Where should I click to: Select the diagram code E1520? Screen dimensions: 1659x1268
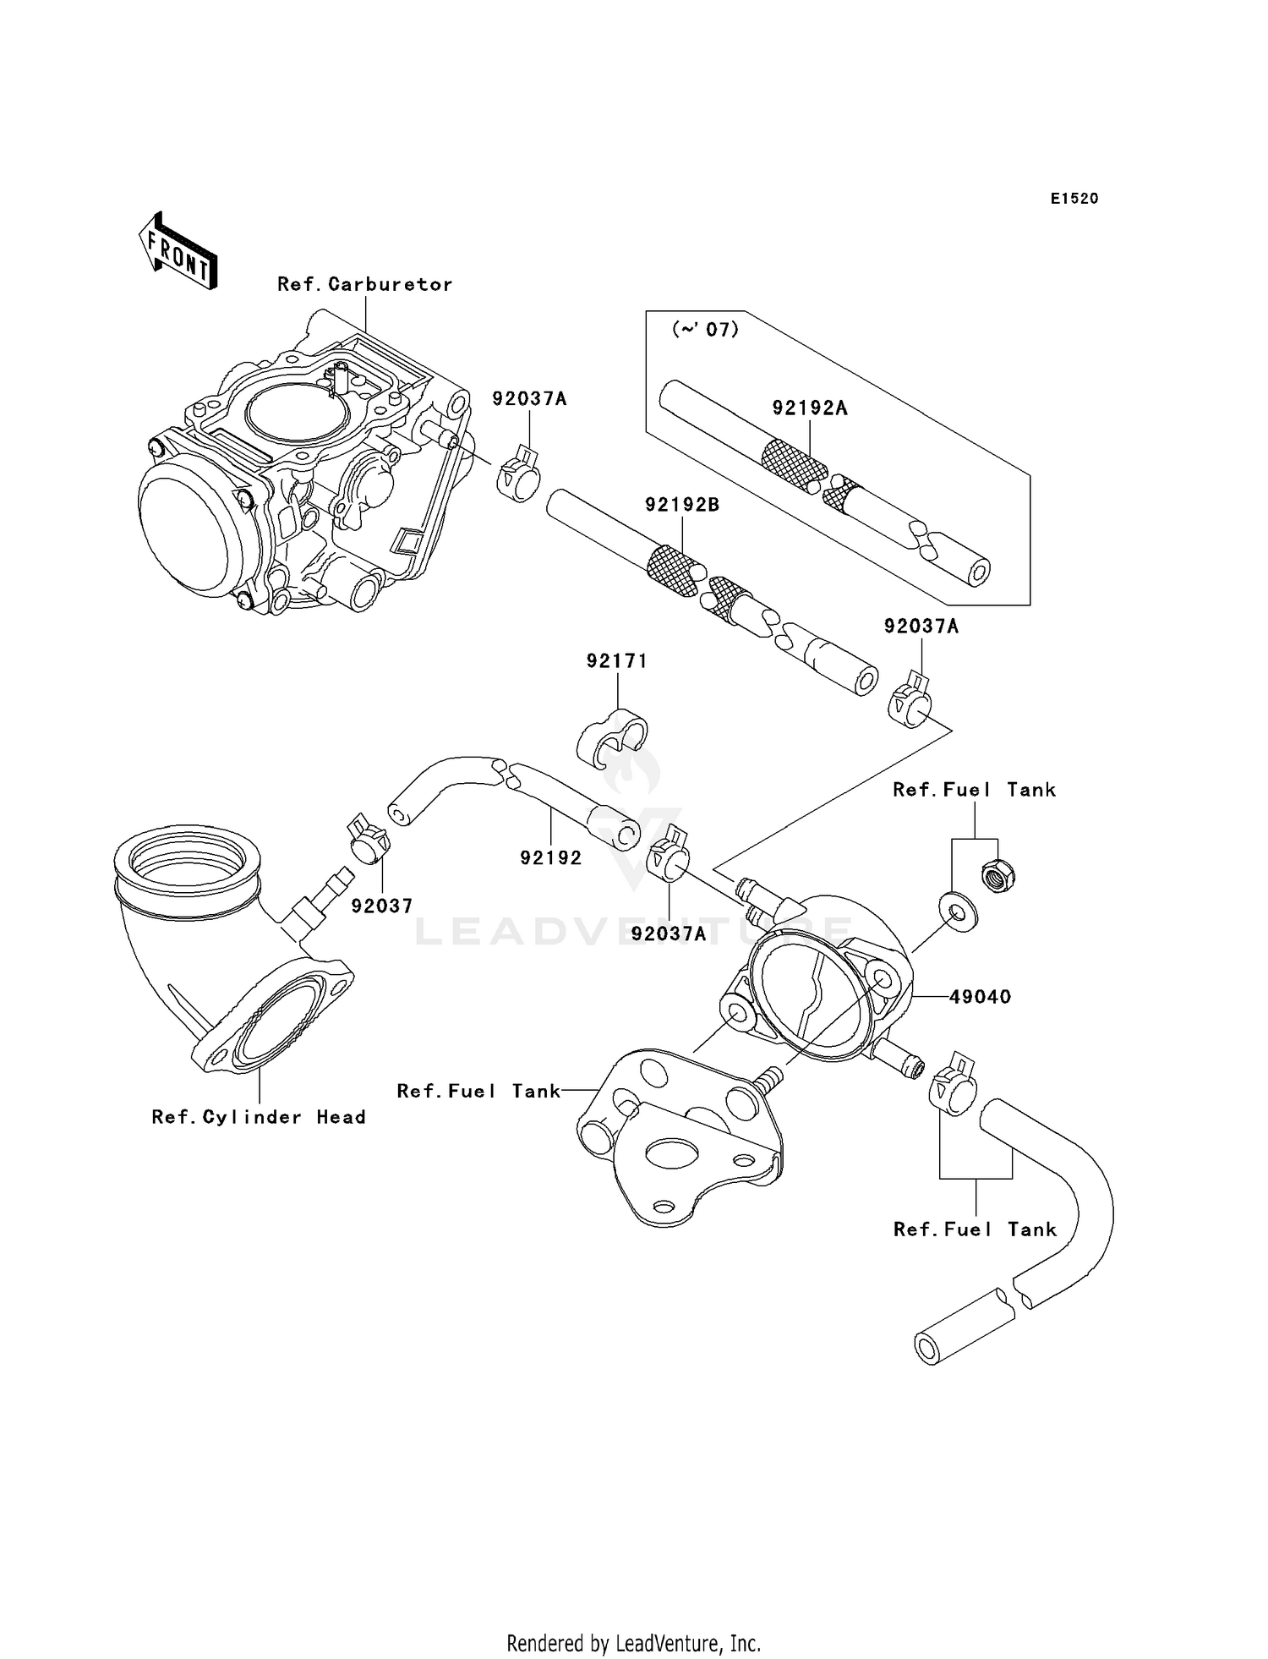pyautogui.click(x=1074, y=199)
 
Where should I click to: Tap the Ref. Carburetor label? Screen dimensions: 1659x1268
pyautogui.click(x=364, y=285)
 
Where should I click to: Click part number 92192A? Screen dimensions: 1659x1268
pyautogui.click(x=809, y=408)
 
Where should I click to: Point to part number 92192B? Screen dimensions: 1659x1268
pyautogui.click(x=681, y=505)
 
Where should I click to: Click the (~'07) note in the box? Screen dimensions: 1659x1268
pyautogui.click(x=704, y=330)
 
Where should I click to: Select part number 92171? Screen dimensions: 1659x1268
pyautogui.click(x=617, y=661)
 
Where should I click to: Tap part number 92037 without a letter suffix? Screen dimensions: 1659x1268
pyautogui.click(x=382, y=906)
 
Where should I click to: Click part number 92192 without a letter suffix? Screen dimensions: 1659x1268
pyautogui.click(x=550, y=857)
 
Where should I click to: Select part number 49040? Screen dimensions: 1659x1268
pyautogui.click(x=979, y=997)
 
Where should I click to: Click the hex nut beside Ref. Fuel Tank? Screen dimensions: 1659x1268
pyautogui.click(x=998, y=876)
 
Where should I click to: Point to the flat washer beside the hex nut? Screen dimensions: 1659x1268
pyautogui.click(x=959, y=912)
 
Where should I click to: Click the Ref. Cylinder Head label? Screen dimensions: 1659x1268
pyautogui.click(x=259, y=1117)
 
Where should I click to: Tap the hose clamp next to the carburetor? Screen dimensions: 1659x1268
pyautogui.click(x=518, y=478)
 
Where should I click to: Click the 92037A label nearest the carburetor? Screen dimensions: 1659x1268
pyautogui.click(x=529, y=398)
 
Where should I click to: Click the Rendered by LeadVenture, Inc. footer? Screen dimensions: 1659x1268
pyautogui.click(x=633, y=1643)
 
